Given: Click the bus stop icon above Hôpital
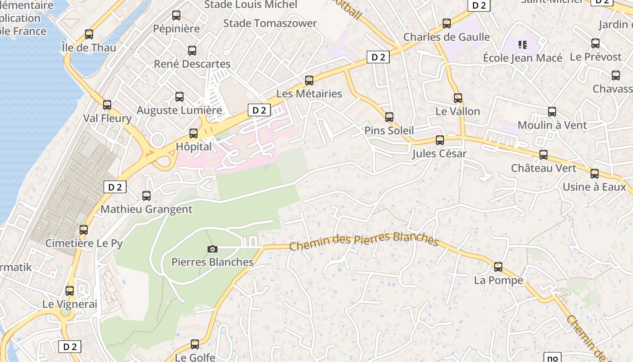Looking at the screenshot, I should pyautogui.click(x=194, y=133).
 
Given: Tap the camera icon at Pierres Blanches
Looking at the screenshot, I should pyautogui.click(x=212, y=249).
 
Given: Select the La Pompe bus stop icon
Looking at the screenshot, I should pyautogui.click(x=498, y=267).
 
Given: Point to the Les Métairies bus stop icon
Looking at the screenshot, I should pyautogui.click(x=309, y=81).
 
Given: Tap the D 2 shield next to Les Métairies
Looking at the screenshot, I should pyautogui.click(x=378, y=57).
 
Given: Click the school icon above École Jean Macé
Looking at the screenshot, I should pyautogui.click(x=523, y=44).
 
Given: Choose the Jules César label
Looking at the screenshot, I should pyautogui.click(x=439, y=154).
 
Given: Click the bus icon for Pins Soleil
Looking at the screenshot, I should pyautogui.click(x=389, y=117).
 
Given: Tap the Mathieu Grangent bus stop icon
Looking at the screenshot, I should pyautogui.click(x=146, y=196).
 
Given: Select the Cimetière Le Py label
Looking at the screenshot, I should pyautogui.click(x=84, y=243).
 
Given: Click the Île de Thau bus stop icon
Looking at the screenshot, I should pyautogui.click(x=89, y=34).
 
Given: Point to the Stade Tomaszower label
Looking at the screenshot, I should pyautogui.click(x=270, y=23).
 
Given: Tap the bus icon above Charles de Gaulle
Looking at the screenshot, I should pyautogui.click(x=447, y=24).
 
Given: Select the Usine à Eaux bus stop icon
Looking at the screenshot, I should pyautogui.click(x=595, y=174).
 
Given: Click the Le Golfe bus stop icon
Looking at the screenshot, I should pyautogui.click(x=195, y=344).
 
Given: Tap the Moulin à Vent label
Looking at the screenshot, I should pyautogui.click(x=552, y=125).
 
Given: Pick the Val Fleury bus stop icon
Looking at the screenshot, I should pyautogui.click(x=107, y=105).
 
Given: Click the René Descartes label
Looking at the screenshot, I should pyautogui.click(x=192, y=64).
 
